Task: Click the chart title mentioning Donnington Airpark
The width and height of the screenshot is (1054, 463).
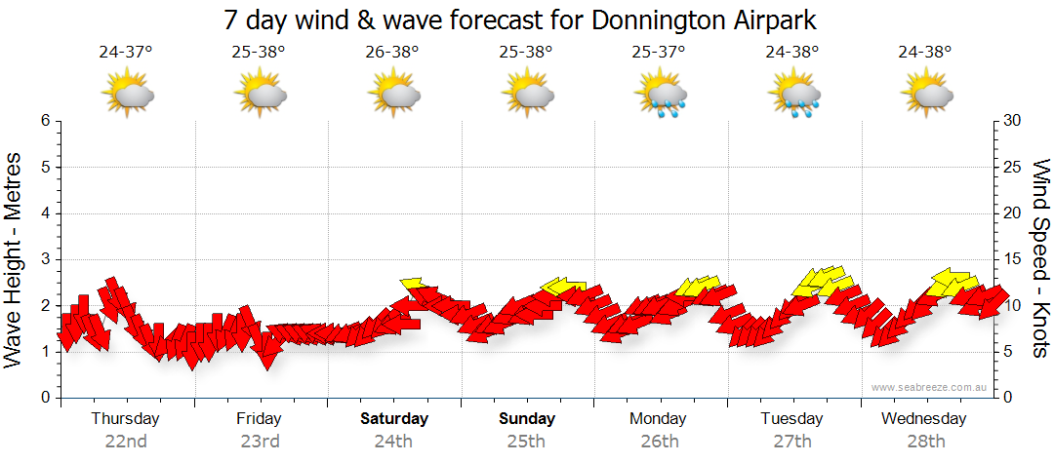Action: coord(519,19)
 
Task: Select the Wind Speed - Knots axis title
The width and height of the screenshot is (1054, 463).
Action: coord(1040,259)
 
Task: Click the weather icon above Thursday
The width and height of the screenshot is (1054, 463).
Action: coord(127,94)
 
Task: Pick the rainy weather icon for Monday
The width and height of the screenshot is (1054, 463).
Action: coord(662,95)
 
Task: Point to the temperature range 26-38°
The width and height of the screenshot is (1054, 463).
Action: coord(392,52)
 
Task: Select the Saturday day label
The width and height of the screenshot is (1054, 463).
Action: coord(394,419)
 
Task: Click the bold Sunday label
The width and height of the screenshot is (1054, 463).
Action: coord(527,419)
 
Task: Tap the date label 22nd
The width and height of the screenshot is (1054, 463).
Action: coord(126,441)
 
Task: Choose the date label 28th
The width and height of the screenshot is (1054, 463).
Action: coord(924,441)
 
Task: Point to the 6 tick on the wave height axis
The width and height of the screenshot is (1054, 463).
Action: coord(44,121)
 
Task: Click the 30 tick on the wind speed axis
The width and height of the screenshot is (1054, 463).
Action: coord(1013,121)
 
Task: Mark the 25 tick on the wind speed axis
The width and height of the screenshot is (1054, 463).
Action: coord(1013,167)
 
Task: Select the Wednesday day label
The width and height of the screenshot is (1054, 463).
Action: coord(924,419)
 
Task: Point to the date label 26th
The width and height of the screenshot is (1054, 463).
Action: coord(660,441)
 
